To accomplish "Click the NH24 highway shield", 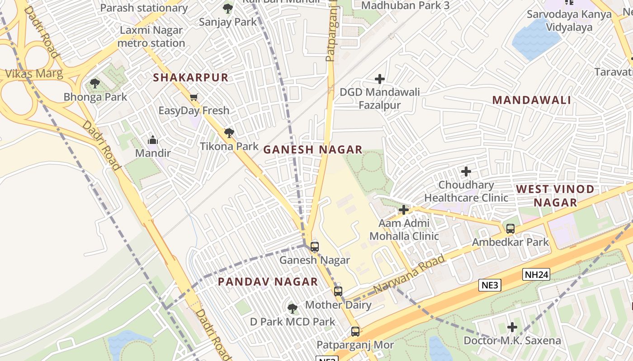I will pyautogui.click(x=536, y=274).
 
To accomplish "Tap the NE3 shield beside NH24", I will pyautogui.click(x=490, y=285).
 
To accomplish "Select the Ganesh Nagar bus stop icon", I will pyautogui.click(x=315, y=247).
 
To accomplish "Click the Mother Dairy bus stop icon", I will pyautogui.click(x=338, y=292).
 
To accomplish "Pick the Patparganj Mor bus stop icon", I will pyautogui.click(x=355, y=332).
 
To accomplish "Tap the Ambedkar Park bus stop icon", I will pyautogui.click(x=510, y=229).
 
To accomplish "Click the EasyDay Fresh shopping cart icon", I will pyautogui.click(x=194, y=97).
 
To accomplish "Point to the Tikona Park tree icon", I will pyautogui.click(x=229, y=133).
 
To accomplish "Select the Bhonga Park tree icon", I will pyautogui.click(x=94, y=83).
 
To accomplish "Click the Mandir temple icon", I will pyautogui.click(x=153, y=140).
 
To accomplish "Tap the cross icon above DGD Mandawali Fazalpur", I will pyautogui.click(x=380, y=79).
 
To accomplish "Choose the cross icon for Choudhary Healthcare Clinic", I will pyautogui.click(x=466, y=171).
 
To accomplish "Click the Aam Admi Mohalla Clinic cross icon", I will pyautogui.click(x=404, y=210).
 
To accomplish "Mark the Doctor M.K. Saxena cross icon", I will pyautogui.click(x=512, y=327).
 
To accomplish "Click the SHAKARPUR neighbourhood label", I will pyautogui.click(x=190, y=78).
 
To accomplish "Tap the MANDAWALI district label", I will pyautogui.click(x=531, y=100).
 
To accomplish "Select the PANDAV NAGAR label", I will pyautogui.click(x=268, y=282).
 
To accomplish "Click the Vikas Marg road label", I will pyautogui.click(x=34, y=74).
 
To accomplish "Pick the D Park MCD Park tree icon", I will pyautogui.click(x=293, y=309).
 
